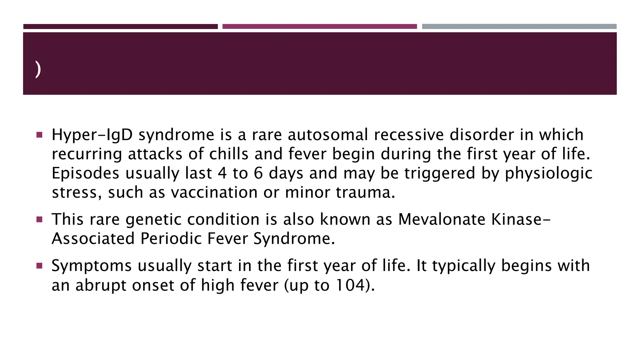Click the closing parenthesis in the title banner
point(38,69)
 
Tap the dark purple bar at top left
point(120,27)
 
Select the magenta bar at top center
point(319,27)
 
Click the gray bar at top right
point(519,27)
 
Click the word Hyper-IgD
point(92,135)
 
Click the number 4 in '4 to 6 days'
point(222,173)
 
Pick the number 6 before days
point(258,173)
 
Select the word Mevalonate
point(442,219)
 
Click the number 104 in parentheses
point(347,285)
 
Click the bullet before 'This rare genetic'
point(39,219)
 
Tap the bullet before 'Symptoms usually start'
point(39,266)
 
